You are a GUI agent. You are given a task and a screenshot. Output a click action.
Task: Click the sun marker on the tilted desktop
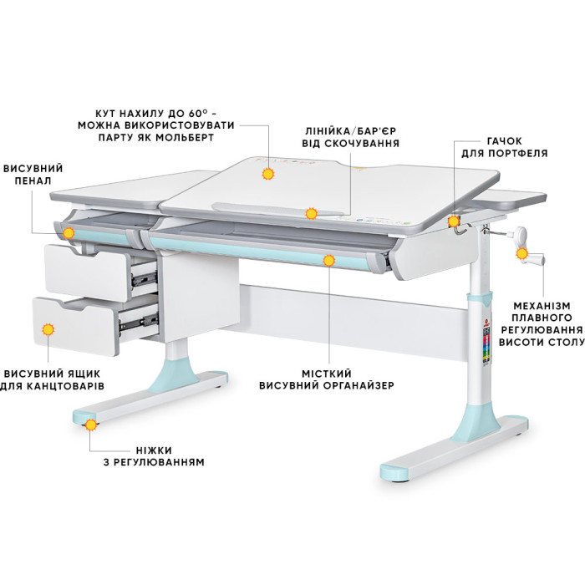[x=268, y=174]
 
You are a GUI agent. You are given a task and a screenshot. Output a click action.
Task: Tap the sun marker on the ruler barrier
[x=311, y=213]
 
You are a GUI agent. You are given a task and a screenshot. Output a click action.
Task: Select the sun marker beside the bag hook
[x=453, y=221]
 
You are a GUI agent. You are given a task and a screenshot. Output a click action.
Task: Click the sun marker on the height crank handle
[x=521, y=254]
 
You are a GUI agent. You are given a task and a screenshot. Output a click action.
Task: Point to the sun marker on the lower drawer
[x=48, y=329]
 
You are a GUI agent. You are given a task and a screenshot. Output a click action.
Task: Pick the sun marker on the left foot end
[x=90, y=425]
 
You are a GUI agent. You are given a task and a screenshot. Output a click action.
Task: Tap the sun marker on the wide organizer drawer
[x=328, y=261]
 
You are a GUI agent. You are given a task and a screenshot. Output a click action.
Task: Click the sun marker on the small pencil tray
[x=69, y=233]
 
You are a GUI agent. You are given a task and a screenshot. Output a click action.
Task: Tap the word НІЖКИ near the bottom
[x=154, y=450]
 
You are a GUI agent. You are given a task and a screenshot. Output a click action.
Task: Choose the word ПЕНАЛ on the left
[x=33, y=181]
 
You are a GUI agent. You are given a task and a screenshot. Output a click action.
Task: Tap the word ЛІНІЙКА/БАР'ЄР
[x=351, y=131]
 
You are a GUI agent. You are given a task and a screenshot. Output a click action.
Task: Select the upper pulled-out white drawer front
[x=87, y=273]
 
